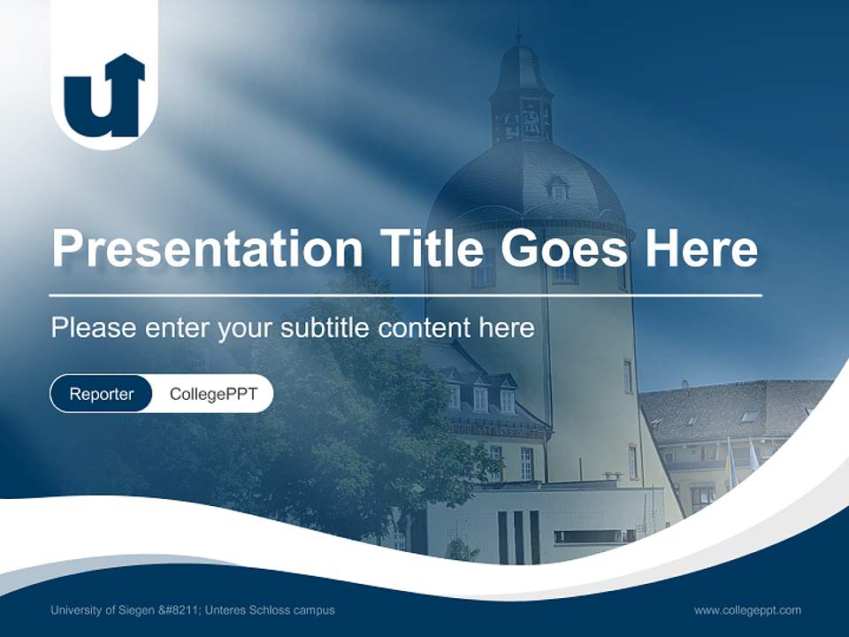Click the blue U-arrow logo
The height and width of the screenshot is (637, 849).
[104, 96]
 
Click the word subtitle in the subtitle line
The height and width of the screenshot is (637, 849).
[326, 328]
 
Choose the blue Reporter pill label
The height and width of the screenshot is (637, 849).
[101, 394]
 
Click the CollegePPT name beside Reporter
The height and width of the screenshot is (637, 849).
[213, 394]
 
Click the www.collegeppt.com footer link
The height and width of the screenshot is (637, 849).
[747, 610]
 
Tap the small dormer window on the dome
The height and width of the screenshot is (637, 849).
[558, 188]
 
